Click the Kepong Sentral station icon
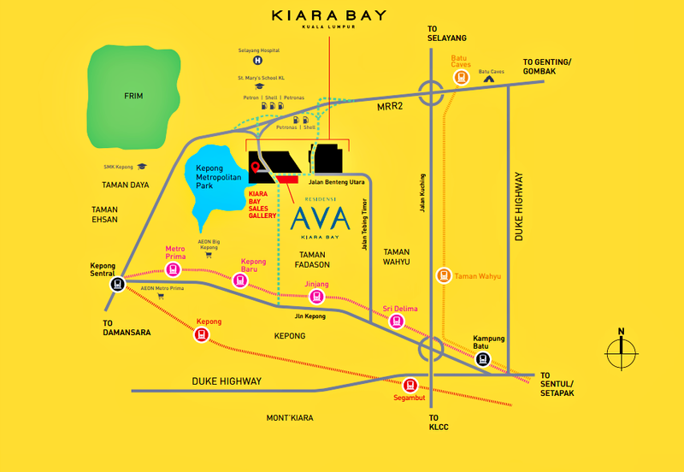(x=116, y=285)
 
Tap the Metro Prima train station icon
(x=174, y=269)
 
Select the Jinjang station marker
(x=316, y=297)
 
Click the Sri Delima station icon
(x=396, y=321)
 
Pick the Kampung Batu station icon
(x=482, y=359)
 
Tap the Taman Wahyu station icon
(x=443, y=275)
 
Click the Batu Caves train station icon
(x=461, y=76)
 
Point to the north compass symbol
(x=621, y=350)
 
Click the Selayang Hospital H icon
(x=257, y=62)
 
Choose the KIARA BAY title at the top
(x=328, y=15)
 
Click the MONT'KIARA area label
(x=290, y=417)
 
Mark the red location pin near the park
(x=255, y=168)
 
